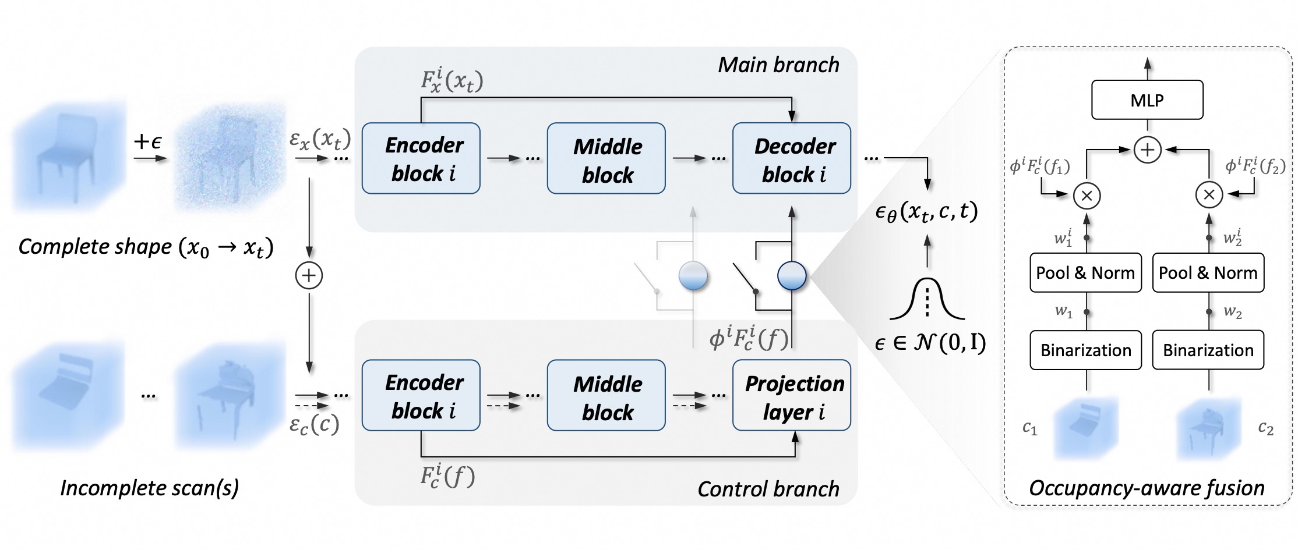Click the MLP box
click(1147, 100)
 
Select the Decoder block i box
click(791, 158)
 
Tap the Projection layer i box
click(791, 396)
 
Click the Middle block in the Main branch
click(606, 158)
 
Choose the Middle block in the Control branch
click(606, 396)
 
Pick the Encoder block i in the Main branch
click(421, 158)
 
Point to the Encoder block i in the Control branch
click(421, 396)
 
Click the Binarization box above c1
click(1085, 350)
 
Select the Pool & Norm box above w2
click(1208, 272)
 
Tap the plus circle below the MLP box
click(1147, 150)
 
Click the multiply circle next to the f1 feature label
click(1087, 196)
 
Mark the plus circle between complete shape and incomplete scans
click(309, 275)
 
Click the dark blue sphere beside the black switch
click(792, 275)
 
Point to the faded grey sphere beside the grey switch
click(693, 275)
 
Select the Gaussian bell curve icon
click(927, 300)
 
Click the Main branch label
click(778, 65)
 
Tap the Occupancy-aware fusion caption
click(1147, 488)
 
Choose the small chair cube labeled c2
click(1208, 430)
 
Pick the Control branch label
click(768, 489)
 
